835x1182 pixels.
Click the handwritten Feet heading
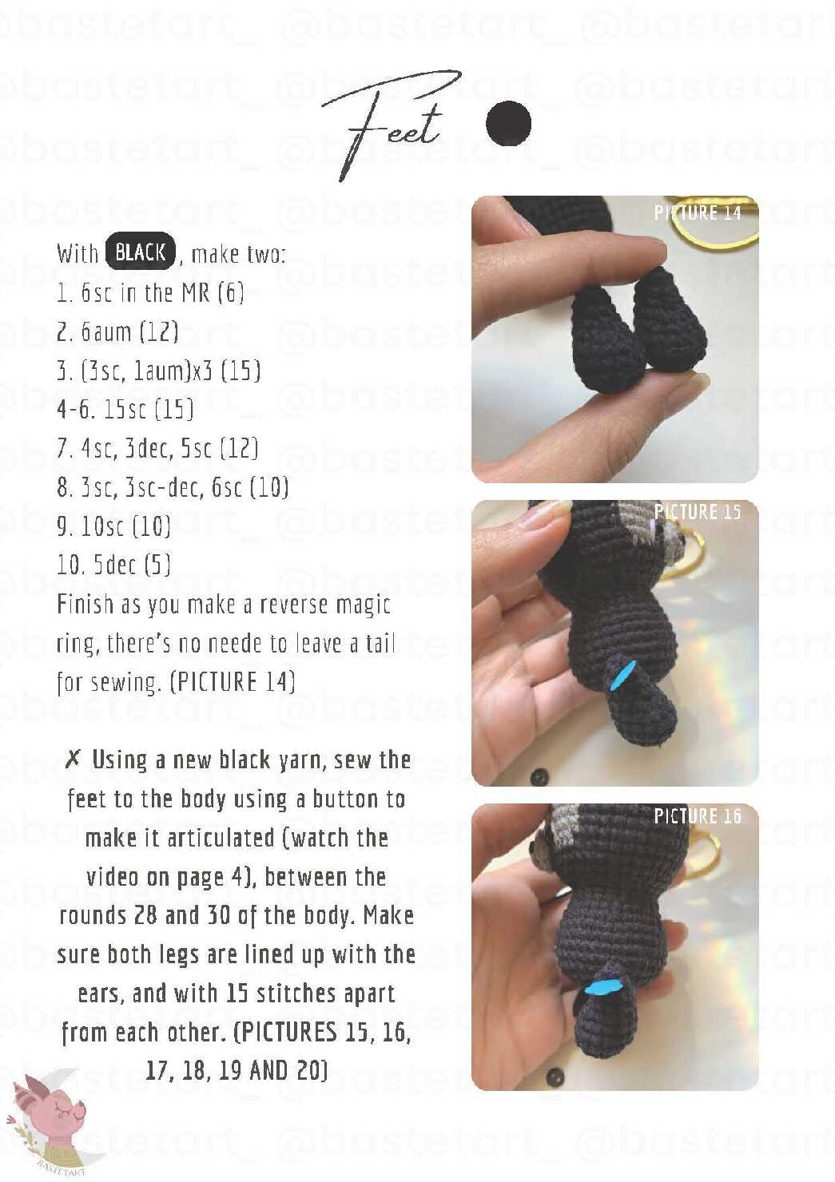coord(391,127)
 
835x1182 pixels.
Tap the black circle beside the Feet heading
coord(508,123)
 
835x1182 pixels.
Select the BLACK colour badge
coord(141,252)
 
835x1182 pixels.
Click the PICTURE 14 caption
coord(698,212)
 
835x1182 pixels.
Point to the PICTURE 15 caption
coord(698,511)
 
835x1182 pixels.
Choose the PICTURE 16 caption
coord(698,815)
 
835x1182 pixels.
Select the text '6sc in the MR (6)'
coord(162,293)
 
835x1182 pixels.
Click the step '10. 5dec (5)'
coord(114,565)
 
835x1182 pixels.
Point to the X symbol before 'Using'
coord(74,760)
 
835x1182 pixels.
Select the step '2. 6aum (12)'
coord(117,332)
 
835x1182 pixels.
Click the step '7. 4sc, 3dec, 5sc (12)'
coord(158,449)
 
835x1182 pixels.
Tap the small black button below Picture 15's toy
coord(538,776)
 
